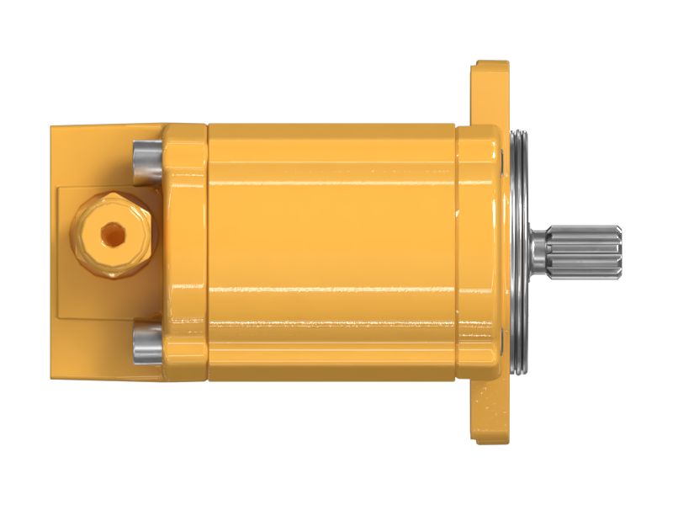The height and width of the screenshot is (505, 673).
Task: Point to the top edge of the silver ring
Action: click(515, 135)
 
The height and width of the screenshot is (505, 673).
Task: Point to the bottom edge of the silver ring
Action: click(515, 370)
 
